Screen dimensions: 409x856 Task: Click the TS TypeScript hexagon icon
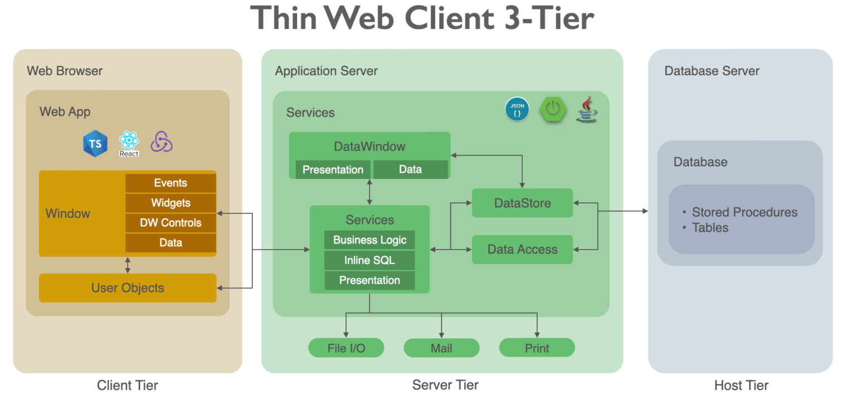(95, 144)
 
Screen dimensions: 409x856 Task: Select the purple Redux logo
(162, 142)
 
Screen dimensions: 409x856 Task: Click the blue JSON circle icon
(517, 109)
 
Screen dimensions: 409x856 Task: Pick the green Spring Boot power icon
(552, 109)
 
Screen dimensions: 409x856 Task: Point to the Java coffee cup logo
(587, 109)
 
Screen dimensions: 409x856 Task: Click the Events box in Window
(171, 183)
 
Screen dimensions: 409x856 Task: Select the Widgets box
(171, 203)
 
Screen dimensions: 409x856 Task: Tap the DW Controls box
(171, 223)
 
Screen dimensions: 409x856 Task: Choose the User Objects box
(128, 288)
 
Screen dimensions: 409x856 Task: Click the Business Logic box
(369, 240)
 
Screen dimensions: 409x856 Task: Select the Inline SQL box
(369, 260)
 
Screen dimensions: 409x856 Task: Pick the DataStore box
(522, 203)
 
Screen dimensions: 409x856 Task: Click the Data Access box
(522, 250)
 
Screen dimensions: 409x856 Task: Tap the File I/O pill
(346, 348)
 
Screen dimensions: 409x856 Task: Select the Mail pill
(441, 348)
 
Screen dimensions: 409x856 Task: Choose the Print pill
(537, 348)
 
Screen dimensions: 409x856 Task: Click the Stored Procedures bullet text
(744, 212)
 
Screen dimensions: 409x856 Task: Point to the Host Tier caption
(741, 385)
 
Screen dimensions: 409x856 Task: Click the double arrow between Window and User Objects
(128, 265)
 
